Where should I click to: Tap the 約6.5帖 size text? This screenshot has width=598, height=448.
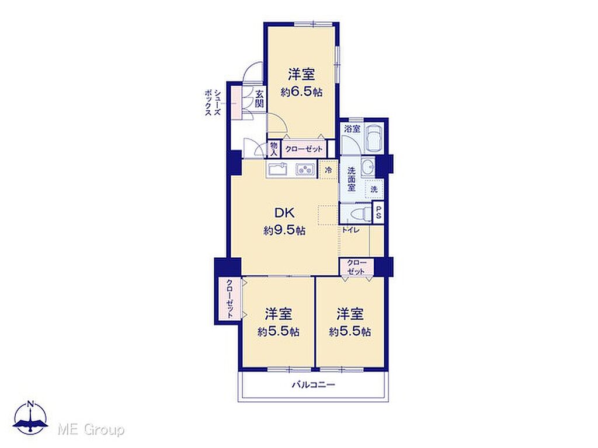coord(301,92)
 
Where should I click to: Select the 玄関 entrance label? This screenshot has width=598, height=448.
coord(259,99)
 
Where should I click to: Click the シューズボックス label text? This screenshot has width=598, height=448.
coord(213,103)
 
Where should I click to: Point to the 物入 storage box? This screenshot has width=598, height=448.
coord(274,149)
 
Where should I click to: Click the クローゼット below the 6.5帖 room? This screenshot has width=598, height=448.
coord(304,149)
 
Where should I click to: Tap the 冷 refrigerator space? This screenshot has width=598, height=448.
coord(328,170)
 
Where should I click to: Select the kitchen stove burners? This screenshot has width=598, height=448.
coord(304,169)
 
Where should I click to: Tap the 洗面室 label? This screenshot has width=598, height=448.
coord(351,179)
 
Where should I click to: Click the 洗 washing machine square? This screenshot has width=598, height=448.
coord(374,189)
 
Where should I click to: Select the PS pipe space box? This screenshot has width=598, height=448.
coord(378,212)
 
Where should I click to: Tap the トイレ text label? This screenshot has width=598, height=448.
coord(350,230)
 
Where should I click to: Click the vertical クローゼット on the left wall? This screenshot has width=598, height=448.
coord(230,299)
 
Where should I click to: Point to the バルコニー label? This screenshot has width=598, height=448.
coord(314,385)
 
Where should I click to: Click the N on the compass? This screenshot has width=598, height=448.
coord(30,404)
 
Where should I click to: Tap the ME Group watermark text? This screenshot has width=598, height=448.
coord(91,430)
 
